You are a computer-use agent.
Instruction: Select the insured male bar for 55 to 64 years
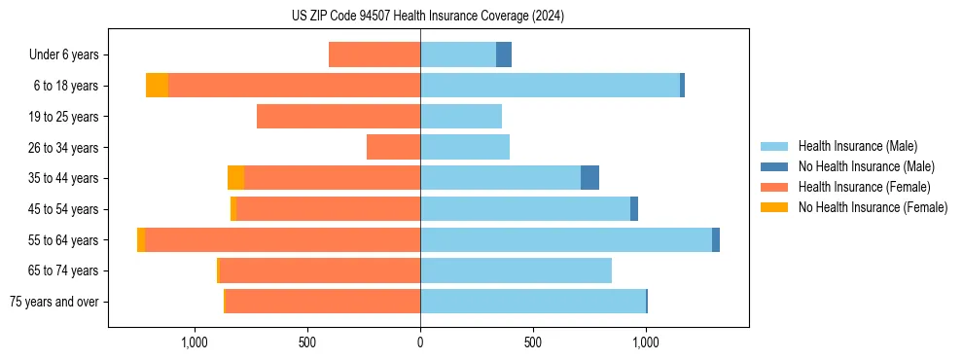[565, 239]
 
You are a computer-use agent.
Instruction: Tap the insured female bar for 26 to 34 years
[393, 147]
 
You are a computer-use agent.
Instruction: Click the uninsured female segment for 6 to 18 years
[157, 86]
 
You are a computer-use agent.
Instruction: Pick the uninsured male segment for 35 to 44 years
[589, 178]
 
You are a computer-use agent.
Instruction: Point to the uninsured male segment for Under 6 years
[504, 54]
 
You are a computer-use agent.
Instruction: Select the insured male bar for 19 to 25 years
[461, 117]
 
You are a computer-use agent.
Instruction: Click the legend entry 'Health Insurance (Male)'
[857, 146]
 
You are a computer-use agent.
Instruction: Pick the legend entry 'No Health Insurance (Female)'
[873, 207]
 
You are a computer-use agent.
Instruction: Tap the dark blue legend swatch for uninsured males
[775, 166]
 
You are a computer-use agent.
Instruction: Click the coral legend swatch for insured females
[775, 187]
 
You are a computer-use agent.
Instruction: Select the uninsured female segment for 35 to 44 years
[235, 178]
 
